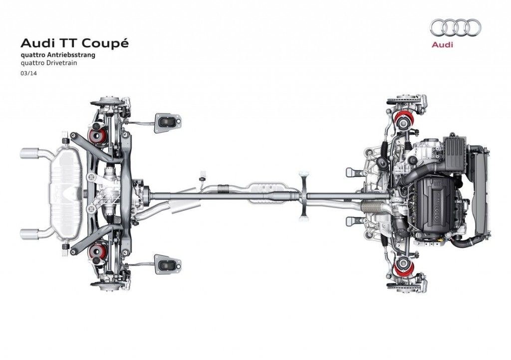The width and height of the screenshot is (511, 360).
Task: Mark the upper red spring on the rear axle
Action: click(96, 135)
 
